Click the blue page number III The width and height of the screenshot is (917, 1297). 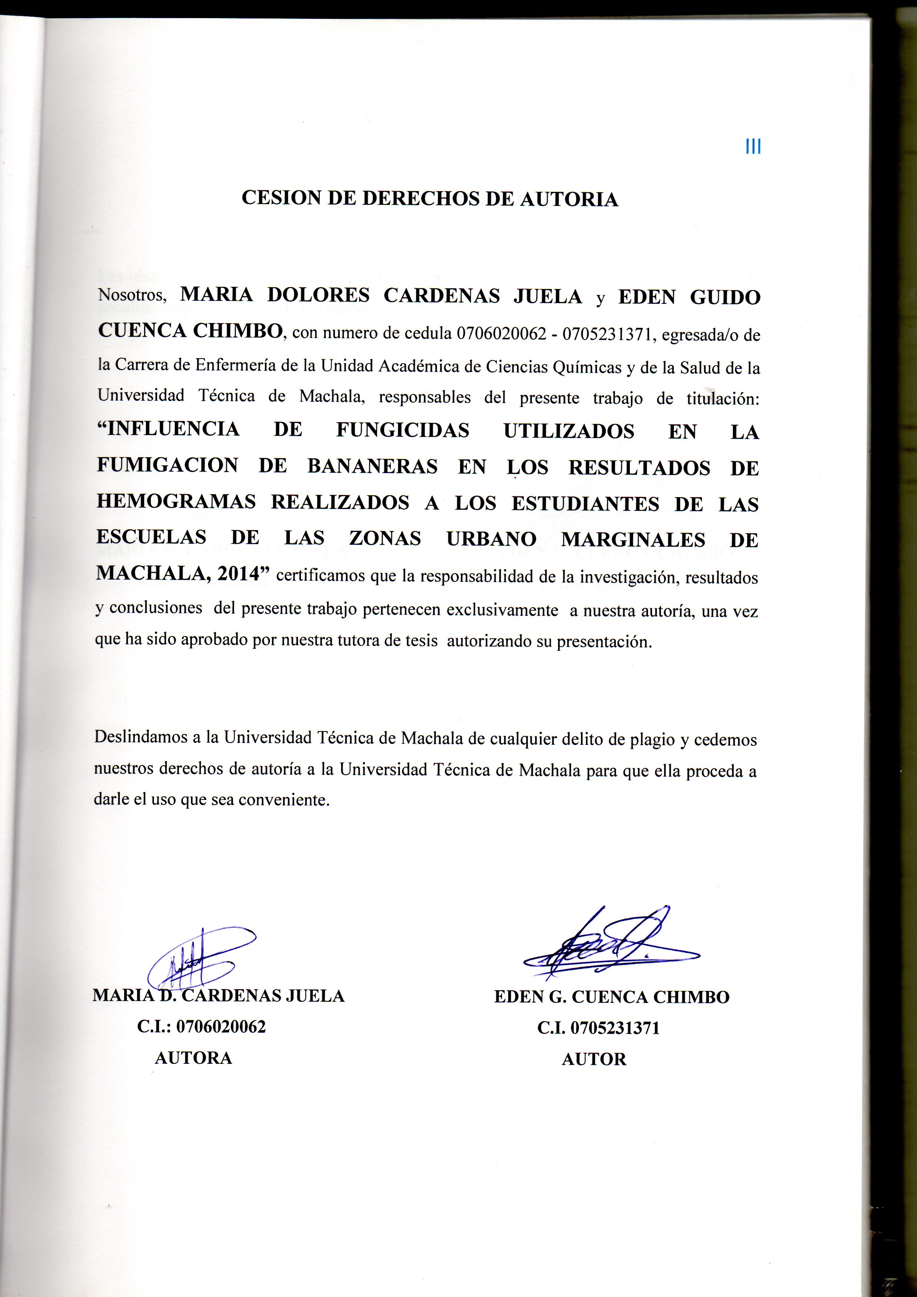753,147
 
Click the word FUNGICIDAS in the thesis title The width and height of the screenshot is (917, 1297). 402,431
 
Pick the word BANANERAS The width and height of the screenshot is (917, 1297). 372,466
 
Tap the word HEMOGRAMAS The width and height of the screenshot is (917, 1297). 176,502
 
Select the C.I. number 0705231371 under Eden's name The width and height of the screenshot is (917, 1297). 615,1028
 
